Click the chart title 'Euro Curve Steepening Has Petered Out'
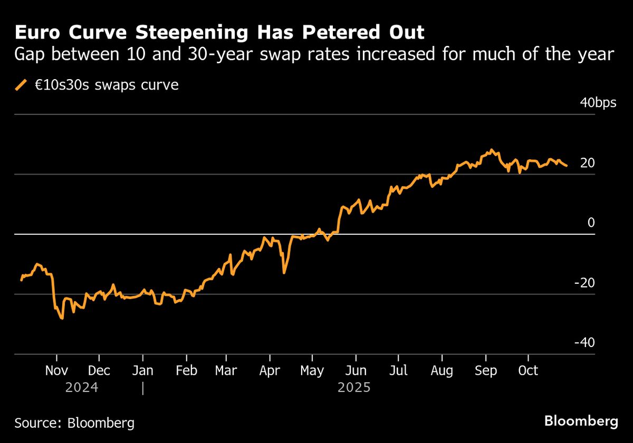(x=219, y=33)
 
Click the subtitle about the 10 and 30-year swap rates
(x=314, y=55)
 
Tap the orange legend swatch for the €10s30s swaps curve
(x=21, y=85)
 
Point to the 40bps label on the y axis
(x=598, y=103)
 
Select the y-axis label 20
(x=587, y=163)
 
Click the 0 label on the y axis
(x=591, y=223)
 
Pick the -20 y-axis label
(x=584, y=283)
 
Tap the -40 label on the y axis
(x=584, y=343)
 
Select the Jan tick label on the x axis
(x=142, y=371)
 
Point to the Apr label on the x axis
(x=270, y=371)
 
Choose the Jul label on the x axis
(x=398, y=371)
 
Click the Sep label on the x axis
(x=485, y=371)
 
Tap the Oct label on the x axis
(x=528, y=371)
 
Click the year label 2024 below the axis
(x=81, y=388)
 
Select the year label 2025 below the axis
(x=354, y=388)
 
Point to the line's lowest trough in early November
(x=62, y=319)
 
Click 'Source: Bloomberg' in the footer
(x=74, y=422)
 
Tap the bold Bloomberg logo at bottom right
(x=581, y=421)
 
